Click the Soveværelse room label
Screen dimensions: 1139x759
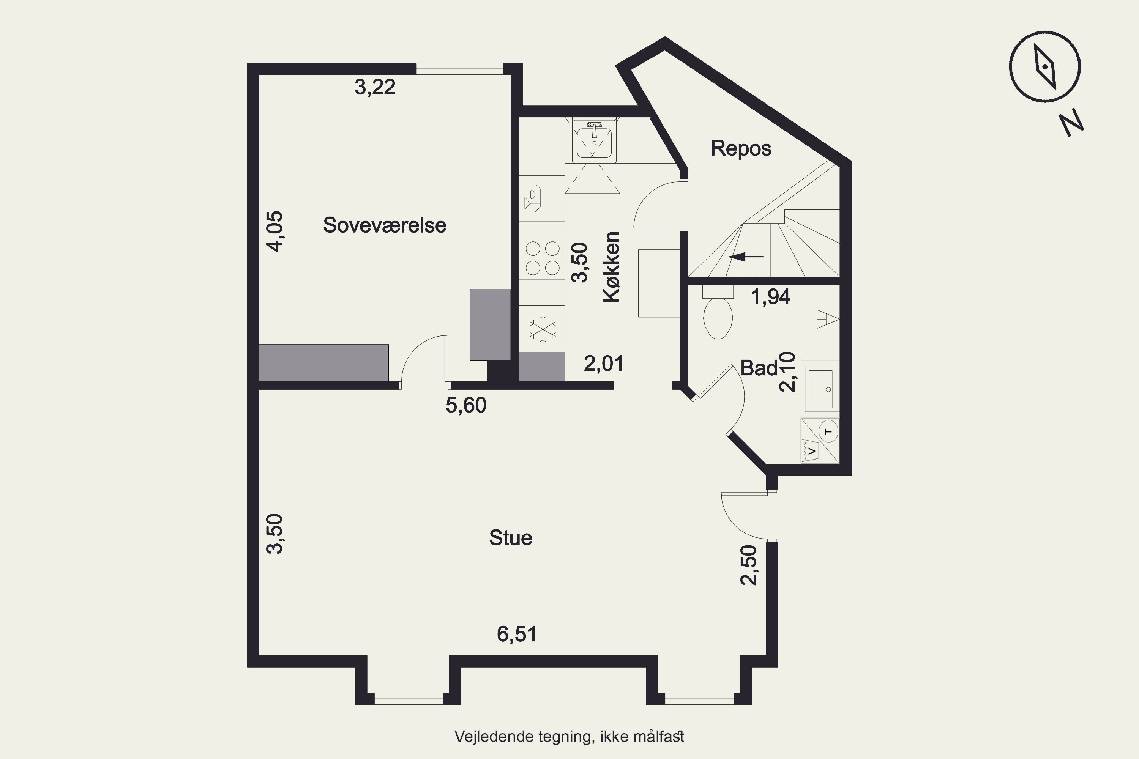point(385,225)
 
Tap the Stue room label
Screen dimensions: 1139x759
point(510,538)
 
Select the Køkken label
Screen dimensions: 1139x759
point(612,267)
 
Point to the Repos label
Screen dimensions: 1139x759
point(740,148)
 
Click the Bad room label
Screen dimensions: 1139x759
point(758,368)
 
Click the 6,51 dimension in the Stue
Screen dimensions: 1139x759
point(517,634)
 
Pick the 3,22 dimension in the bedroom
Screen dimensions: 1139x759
point(375,87)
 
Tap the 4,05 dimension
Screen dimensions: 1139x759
point(275,231)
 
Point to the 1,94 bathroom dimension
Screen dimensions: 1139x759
point(770,296)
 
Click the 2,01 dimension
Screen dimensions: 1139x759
point(603,363)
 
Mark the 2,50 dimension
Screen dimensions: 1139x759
point(749,565)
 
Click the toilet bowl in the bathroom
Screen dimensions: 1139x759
point(718,318)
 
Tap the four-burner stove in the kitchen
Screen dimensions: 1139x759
point(543,258)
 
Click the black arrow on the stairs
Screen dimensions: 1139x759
point(746,257)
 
